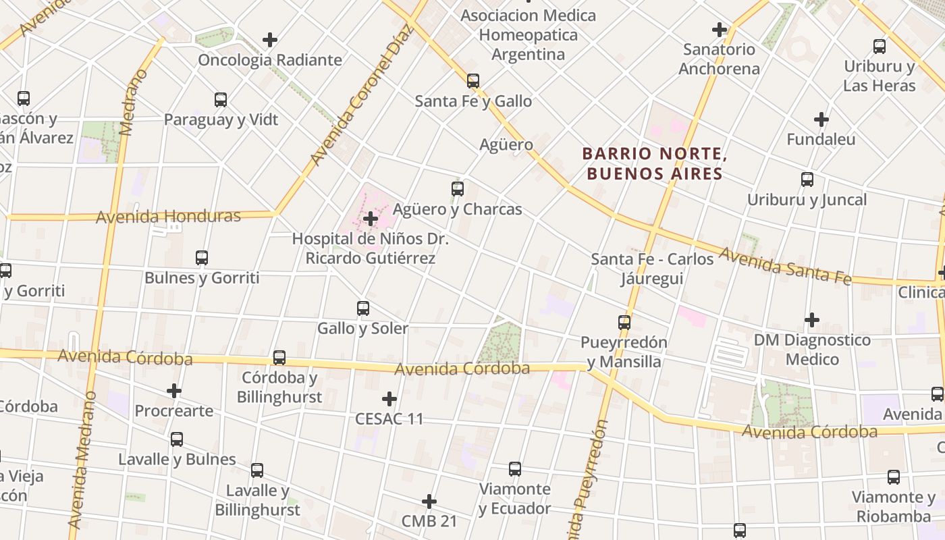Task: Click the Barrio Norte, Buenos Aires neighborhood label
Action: (x=653, y=164)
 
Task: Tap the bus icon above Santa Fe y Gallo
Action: (x=473, y=81)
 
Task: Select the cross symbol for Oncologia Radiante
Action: (x=270, y=40)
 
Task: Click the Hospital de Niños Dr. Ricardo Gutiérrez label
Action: (x=370, y=248)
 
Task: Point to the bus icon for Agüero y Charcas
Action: (x=458, y=189)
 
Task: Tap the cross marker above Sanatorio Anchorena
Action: (x=720, y=30)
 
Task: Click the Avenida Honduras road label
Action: (x=168, y=217)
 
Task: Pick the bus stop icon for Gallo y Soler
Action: (x=363, y=308)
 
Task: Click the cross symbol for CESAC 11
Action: (x=389, y=399)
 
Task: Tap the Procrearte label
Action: (x=173, y=410)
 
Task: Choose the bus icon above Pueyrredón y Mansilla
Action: (x=624, y=323)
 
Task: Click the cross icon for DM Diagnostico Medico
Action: (x=812, y=319)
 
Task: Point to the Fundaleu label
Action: (x=821, y=140)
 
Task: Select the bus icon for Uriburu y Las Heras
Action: (x=880, y=47)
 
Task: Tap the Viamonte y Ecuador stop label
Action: (x=514, y=498)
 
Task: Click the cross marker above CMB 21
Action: (x=429, y=502)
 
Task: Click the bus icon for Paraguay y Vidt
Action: (x=221, y=100)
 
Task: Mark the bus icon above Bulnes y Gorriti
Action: (x=202, y=258)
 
